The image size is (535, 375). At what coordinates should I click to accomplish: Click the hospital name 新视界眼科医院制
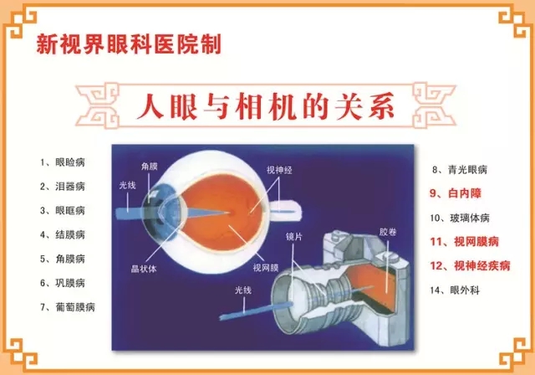pos(129,44)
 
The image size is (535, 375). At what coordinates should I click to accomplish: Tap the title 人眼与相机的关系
pos(266,106)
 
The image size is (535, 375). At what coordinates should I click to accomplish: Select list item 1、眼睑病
pos(63,162)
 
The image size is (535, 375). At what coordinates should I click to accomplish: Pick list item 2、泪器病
pos(63,187)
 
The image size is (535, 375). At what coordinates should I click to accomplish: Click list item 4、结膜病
pos(63,235)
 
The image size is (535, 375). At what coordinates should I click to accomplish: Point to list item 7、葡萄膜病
pos(68,307)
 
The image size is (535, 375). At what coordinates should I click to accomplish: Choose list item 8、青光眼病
pos(460,170)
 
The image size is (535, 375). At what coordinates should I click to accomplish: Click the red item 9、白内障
pos(455,193)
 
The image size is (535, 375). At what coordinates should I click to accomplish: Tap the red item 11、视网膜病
pos(465,242)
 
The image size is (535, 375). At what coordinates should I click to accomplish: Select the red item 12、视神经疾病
pos(470,265)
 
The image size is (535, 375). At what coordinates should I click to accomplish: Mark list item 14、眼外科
pos(455,290)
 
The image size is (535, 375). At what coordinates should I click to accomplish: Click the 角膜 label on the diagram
pos(150,167)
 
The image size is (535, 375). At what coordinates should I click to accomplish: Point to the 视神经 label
pos(279,170)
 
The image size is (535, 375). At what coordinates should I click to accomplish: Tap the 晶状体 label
pos(144,269)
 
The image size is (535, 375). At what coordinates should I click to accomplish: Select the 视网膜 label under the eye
pos(266,267)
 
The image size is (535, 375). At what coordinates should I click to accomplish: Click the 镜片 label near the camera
pos(293,236)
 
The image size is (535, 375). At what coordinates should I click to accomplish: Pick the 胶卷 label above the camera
pos(388,232)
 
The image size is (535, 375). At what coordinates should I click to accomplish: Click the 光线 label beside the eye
pos(128,185)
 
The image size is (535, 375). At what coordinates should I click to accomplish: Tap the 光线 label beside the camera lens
pos(243,290)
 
